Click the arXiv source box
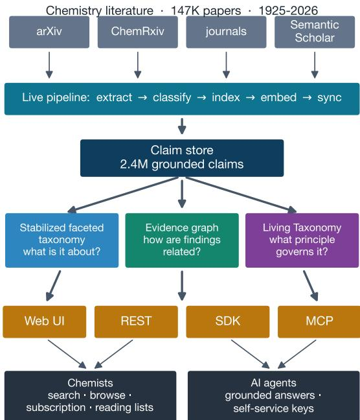click(x=49, y=32)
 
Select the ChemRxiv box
click(x=137, y=32)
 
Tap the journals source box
click(x=226, y=32)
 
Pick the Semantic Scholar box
click(x=315, y=32)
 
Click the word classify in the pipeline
click(x=172, y=97)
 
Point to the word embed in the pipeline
click(x=278, y=97)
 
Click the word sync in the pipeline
click(x=330, y=98)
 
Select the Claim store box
click(x=182, y=158)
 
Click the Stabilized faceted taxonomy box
click(x=62, y=240)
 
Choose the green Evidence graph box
click(x=182, y=240)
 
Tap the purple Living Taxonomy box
click(x=302, y=240)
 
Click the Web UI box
click(x=45, y=321)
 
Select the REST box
click(x=136, y=321)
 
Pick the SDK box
click(x=228, y=321)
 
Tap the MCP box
click(x=319, y=321)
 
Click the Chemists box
click(x=91, y=395)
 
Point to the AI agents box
click(x=274, y=395)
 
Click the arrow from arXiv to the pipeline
click(x=49, y=65)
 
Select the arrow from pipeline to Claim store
click(x=182, y=126)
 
